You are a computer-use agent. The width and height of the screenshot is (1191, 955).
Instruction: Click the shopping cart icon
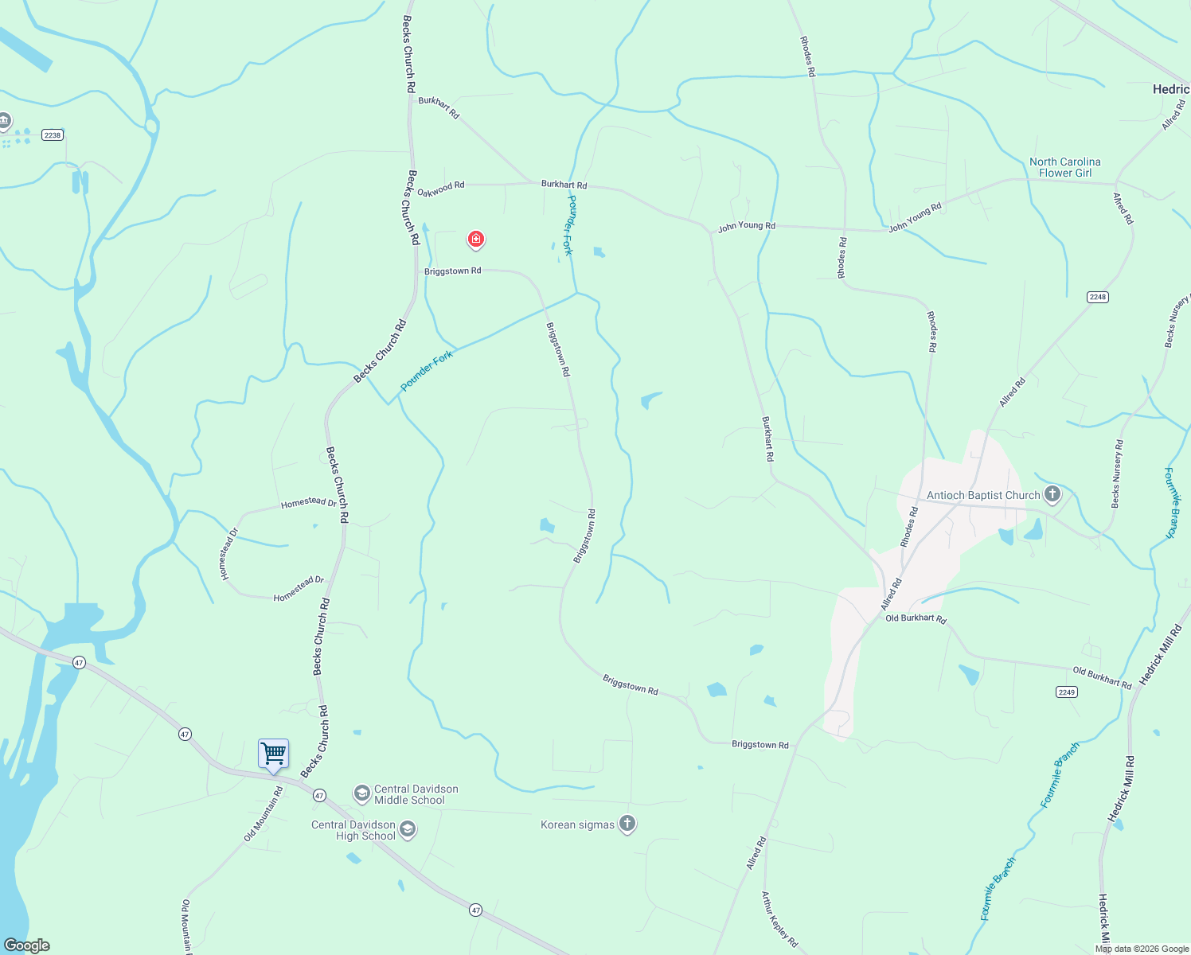point(273,753)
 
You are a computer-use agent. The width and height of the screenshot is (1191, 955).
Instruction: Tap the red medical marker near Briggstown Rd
point(476,239)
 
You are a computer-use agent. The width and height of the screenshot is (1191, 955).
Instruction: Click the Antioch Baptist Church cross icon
point(1052,494)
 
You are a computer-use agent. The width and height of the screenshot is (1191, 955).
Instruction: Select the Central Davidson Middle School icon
point(362,793)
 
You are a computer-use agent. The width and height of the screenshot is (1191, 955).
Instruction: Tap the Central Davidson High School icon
point(408,830)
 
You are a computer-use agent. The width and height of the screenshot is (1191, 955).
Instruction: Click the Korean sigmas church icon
point(627,824)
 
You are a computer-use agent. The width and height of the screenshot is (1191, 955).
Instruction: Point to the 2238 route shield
point(53,134)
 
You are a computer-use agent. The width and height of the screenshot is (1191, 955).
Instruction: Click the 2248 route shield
point(1098,297)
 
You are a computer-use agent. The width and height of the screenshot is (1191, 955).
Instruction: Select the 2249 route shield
point(1067,692)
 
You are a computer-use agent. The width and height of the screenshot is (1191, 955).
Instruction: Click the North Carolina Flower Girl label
point(1065,167)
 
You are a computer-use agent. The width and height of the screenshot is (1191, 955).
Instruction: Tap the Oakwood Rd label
point(441,189)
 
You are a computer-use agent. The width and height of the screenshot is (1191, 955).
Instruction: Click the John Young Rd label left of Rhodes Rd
point(746,226)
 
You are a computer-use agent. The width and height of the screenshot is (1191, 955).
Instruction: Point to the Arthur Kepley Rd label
point(779,918)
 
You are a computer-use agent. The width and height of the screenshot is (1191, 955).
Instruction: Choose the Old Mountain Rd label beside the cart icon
point(264,813)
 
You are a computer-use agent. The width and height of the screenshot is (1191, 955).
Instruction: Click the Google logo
point(27,945)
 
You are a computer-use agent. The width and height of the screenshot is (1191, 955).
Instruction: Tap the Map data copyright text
point(1142,949)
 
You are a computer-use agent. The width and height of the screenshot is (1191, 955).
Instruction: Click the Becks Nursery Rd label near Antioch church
point(1117,474)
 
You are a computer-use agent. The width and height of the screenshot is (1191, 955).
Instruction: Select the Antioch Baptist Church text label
point(983,495)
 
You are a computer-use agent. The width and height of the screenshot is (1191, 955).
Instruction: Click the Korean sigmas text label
point(577,824)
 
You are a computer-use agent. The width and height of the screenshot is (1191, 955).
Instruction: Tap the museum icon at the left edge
point(4,121)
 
